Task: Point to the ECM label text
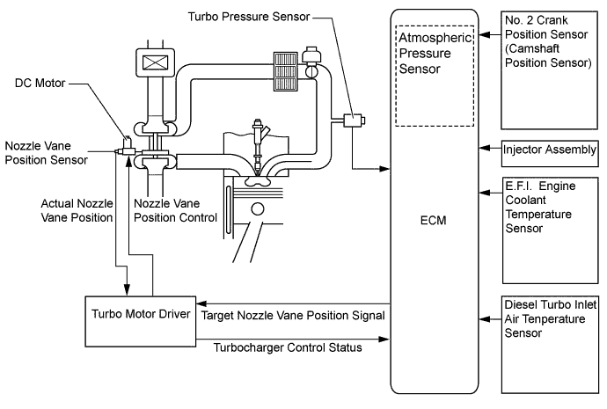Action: [435, 220]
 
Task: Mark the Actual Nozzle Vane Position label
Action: [75, 210]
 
